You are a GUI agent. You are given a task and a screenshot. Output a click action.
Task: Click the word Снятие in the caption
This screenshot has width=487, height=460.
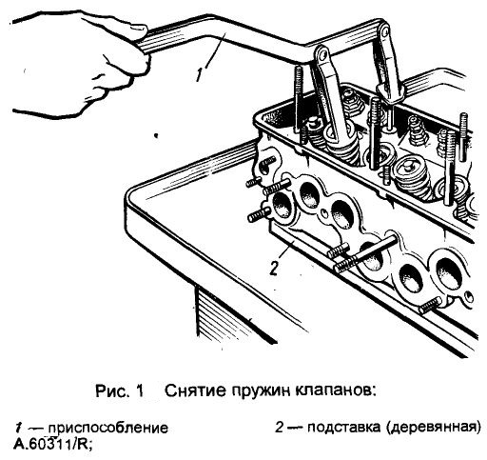point(195,390)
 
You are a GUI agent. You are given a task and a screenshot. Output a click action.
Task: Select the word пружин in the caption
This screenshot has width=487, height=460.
point(264,390)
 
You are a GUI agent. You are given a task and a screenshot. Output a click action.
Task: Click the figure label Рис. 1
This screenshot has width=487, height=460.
point(119,390)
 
